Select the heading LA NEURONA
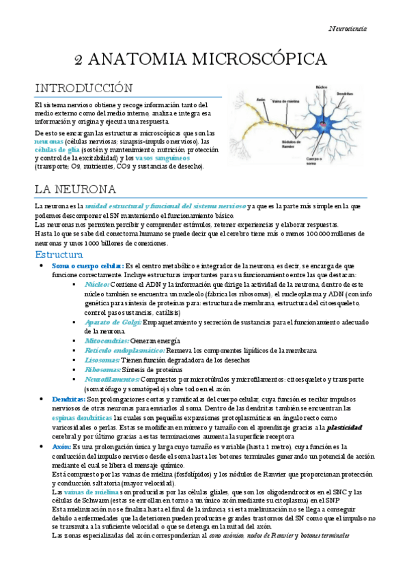(75, 188)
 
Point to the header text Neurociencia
(348, 28)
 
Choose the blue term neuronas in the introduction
(50, 141)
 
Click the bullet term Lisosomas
(102, 359)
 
